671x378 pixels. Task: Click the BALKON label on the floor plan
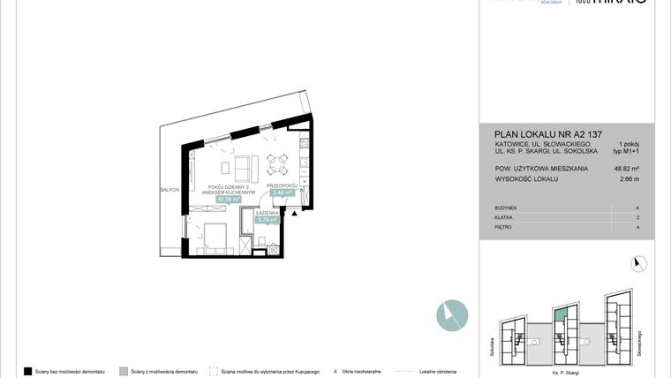pos(170,190)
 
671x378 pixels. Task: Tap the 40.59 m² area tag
pos(229,200)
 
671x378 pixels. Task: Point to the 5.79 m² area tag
pos(268,220)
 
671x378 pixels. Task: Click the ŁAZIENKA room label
pos(268,213)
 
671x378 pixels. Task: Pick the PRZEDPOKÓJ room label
pos(283,185)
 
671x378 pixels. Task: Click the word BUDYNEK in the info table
pos(506,208)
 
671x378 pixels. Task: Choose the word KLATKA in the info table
pos(503,217)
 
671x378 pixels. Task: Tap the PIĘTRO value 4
pos(637,228)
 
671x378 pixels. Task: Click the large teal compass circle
pos(451,315)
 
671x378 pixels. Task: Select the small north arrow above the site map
pos(639,262)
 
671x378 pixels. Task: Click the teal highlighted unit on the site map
pos(559,314)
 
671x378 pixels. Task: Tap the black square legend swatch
pos(28,372)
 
